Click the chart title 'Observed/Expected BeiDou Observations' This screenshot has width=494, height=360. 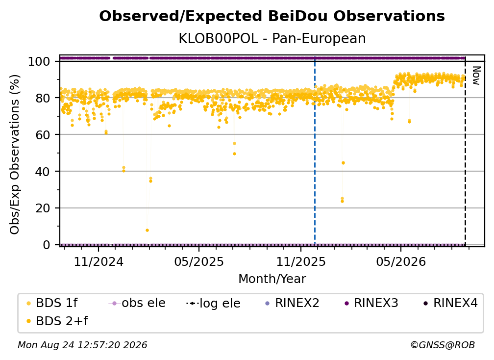click(x=272, y=16)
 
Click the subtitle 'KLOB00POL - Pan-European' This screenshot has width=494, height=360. click(x=272, y=38)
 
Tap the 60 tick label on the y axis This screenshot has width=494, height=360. click(x=43, y=134)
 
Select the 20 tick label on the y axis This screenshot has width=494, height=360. click(x=43, y=208)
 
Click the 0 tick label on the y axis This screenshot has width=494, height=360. click(x=47, y=245)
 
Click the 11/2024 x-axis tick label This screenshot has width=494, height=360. click(x=99, y=261)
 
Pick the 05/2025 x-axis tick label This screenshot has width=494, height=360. click(x=199, y=261)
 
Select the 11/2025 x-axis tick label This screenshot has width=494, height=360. click(x=301, y=261)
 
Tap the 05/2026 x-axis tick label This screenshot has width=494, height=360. click(x=401, y=261)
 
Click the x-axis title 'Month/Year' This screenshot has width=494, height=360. click(x=272, y=279)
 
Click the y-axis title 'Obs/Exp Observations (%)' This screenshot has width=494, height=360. click(x=15, y=154)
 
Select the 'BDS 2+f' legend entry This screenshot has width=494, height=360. click(x=57, y=321)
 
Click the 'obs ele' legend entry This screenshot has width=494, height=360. click(x=137, y=303)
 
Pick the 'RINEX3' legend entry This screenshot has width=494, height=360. click(x=371, y=303)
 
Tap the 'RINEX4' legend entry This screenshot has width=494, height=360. click(x=450, y=303)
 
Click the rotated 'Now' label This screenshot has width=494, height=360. click(x=476, y=76)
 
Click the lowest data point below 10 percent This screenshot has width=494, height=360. click(x=147, y=231)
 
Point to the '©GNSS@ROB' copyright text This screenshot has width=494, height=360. click(x=443, y=345)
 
